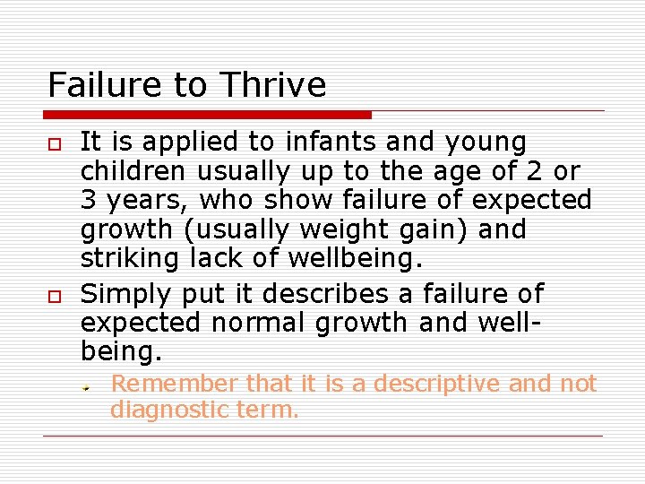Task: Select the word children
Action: click(132, 170)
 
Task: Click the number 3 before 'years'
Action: click(89, 199)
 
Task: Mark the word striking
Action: click(130, 259)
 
